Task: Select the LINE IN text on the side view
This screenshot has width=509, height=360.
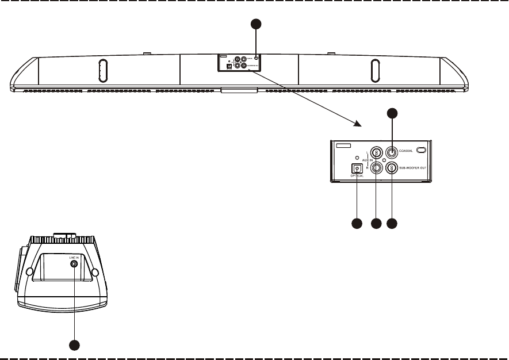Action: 74,257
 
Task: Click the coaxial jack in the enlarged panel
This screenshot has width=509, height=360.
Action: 392,152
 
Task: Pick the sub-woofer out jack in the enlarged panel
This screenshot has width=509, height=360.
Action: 392,167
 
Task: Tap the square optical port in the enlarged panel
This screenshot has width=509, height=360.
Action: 358,168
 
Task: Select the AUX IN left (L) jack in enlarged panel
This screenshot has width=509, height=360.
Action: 376,153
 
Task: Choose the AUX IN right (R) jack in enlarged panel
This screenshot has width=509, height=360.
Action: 376,168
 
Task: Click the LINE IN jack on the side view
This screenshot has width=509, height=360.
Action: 74,264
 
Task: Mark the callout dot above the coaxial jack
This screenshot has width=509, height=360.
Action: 392,113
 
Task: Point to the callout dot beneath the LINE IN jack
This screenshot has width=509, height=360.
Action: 74,344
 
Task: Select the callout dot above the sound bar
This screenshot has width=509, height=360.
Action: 257,24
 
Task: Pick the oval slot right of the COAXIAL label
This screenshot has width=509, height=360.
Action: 422,151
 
